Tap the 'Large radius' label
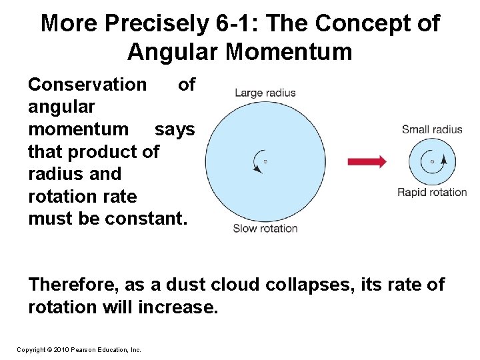pos(265,93)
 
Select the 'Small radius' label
pos(431,129)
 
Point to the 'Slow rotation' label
pos(265,228)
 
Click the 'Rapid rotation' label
pos(432,193)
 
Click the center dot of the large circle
pos(265,161)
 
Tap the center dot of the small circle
pos(432,161)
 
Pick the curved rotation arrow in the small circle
pos(441,161)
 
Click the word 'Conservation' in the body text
pos(87,85)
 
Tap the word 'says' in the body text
pos(175,129)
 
